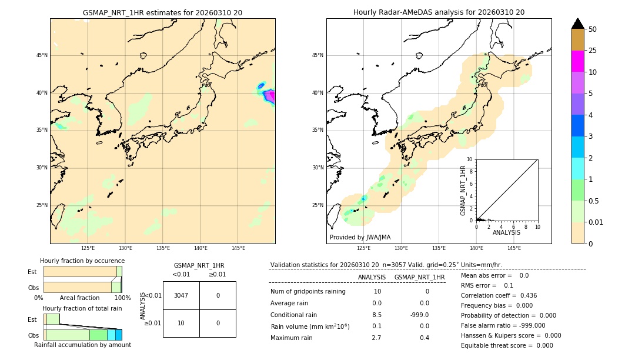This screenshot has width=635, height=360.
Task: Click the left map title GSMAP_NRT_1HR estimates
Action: click(162, 12)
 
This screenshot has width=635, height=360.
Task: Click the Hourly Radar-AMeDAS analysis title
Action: click(439, 12)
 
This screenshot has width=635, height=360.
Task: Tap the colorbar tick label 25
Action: click(593, 51)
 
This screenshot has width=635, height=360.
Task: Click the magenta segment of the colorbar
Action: click(577, 61)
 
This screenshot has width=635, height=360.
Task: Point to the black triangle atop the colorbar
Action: click(577, 24)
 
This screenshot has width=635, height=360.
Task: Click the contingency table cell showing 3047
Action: click(181, 295)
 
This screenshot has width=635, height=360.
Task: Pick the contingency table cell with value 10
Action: click(181, 323)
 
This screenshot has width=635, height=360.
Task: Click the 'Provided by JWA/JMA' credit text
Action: click(360, 237)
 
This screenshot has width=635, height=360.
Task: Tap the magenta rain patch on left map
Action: click(269, 96)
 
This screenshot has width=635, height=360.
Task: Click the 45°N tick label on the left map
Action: click(42, 55)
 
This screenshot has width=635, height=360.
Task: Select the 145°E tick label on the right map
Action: click(514, 248)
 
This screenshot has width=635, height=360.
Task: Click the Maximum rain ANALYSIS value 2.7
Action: click(376, 338)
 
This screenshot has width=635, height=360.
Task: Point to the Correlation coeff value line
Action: click(499, 295)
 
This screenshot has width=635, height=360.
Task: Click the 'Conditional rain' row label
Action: click(293, 315)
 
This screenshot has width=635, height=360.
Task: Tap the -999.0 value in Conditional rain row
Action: click(419, 315)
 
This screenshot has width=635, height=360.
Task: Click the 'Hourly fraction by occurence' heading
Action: click(82, 261)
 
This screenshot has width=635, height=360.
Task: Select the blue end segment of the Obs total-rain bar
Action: click(118, 335)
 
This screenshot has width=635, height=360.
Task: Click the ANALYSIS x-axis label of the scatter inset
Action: click(506, 232)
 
